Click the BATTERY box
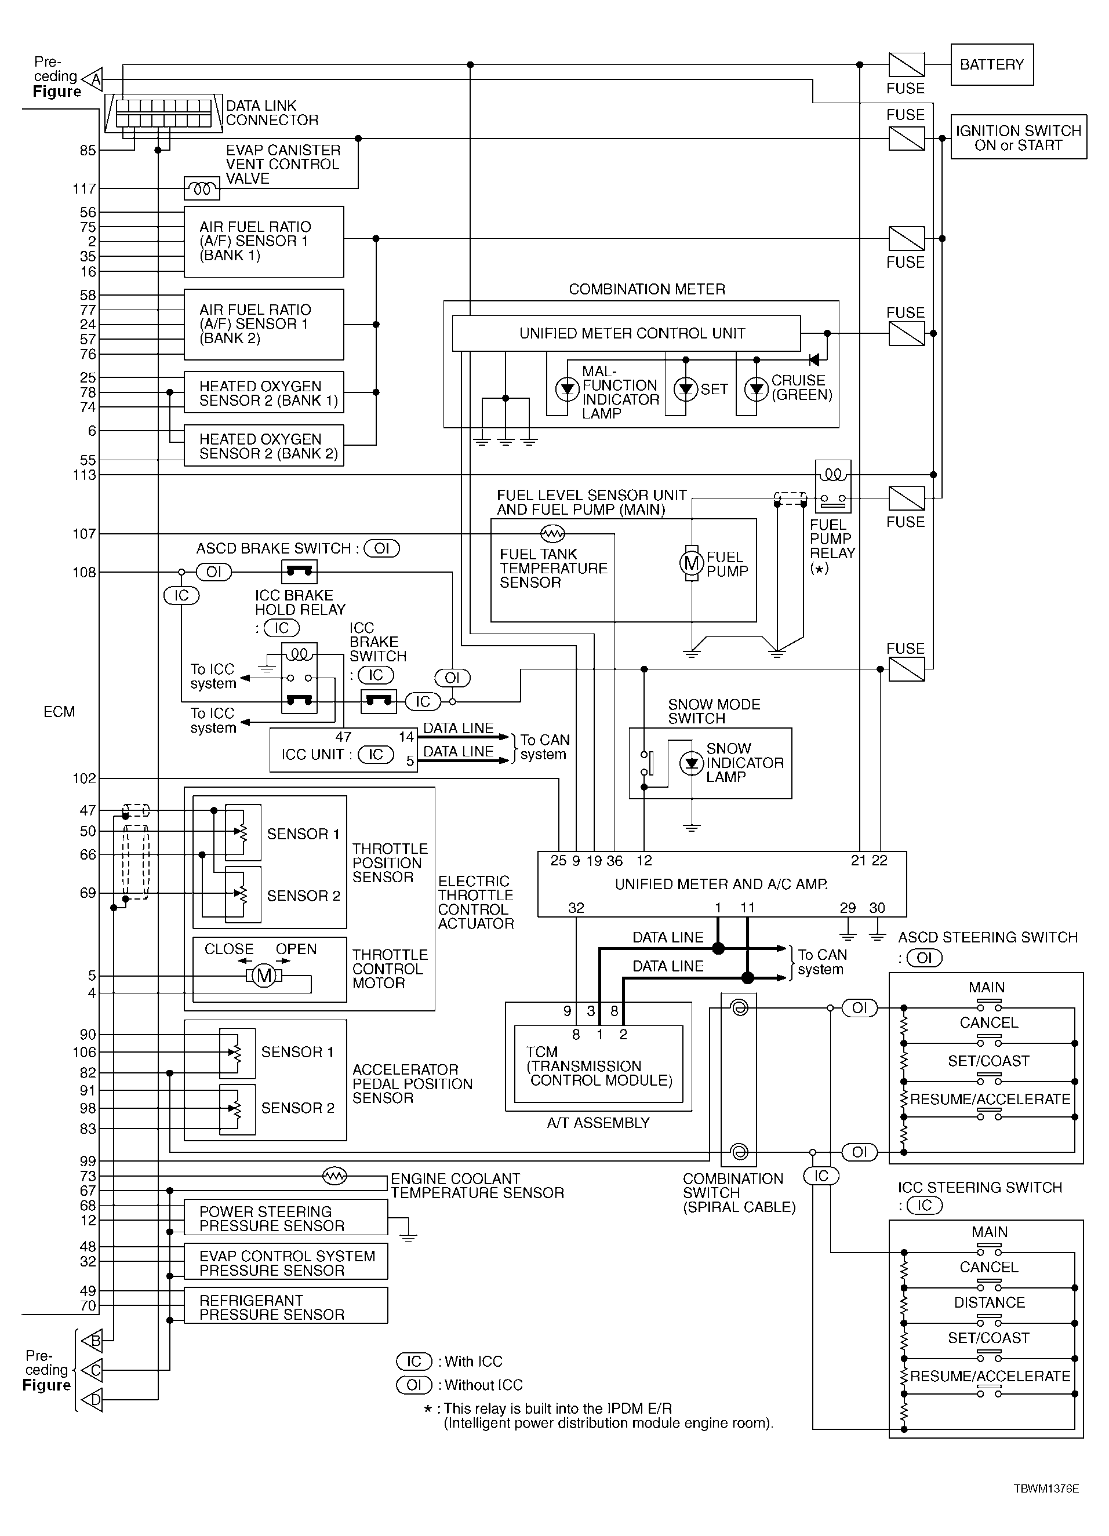pos(992,64)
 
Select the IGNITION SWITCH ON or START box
pos(1018,137)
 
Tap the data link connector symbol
pos(163,113)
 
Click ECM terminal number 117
pos(85,188)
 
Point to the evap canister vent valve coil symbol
pos(202,188)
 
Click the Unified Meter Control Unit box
pos(626,333)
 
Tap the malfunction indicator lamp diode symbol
pos(567,390)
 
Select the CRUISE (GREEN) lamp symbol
pos(756,390)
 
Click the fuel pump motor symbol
pos(692,562)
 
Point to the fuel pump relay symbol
pos(833,486)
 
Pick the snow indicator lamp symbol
pos(692,763)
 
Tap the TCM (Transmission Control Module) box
pos(599,1064)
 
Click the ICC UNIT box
pos(343,749)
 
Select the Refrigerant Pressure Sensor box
pos(286,1305)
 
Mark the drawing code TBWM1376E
pos(1046,1488)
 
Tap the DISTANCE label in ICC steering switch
pos(989,1302)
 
